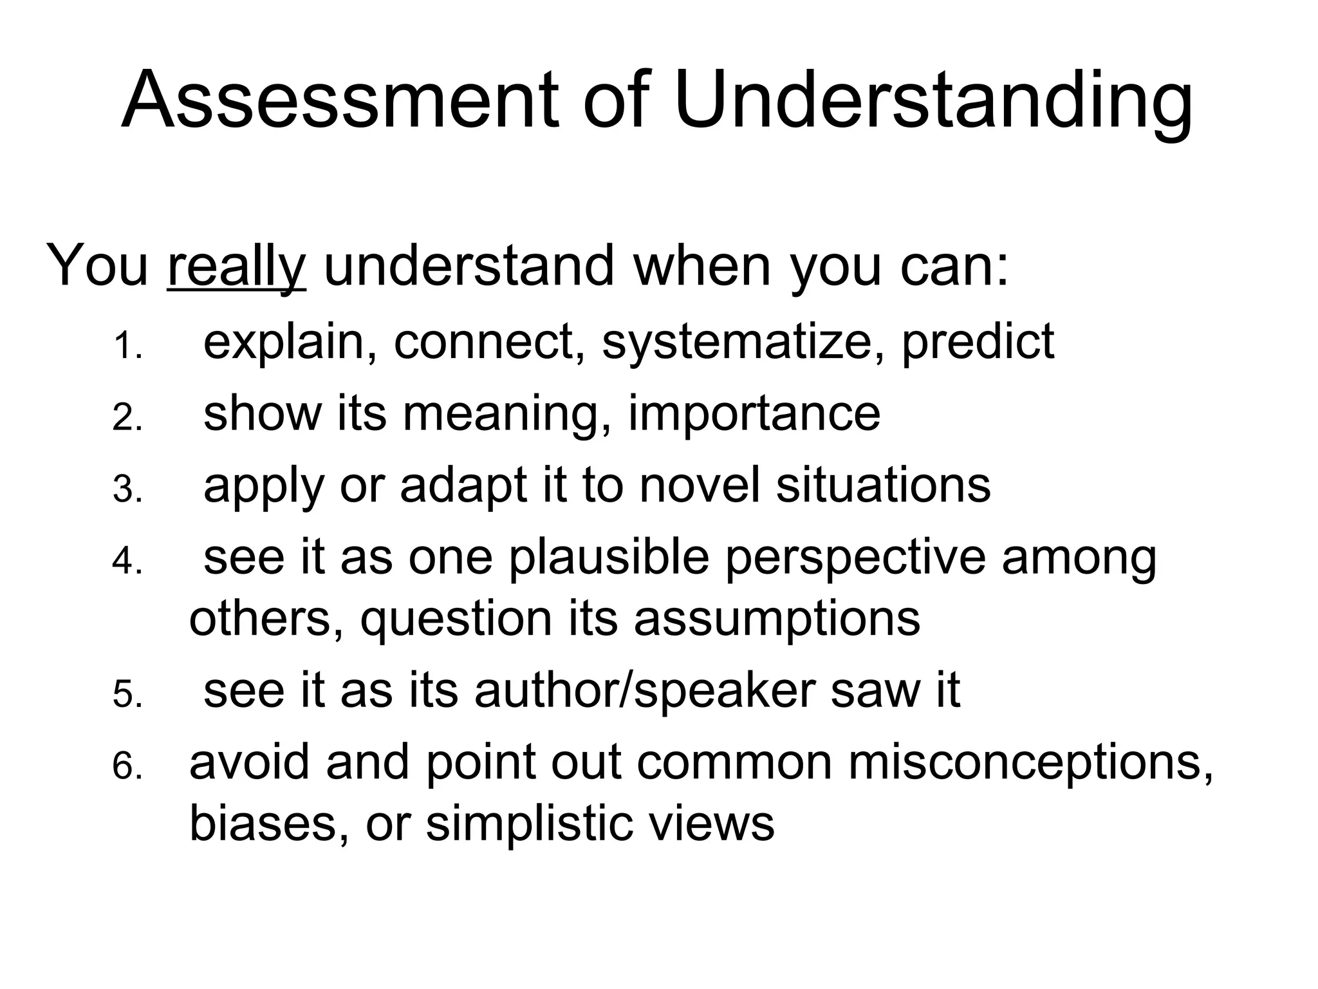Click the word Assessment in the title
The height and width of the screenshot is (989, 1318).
click(x=340, y=101)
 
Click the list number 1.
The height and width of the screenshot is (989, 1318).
click(x=127, y=348)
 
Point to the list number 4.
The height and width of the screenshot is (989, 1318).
click(x=127, y=562)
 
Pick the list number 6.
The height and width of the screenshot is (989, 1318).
click(x=127, y=768)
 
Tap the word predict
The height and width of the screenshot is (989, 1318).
click(x=978, y=342)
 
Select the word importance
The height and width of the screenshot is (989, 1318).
click(x=754, y=414)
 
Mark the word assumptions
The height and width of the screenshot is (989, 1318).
click(x=777, y=619)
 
